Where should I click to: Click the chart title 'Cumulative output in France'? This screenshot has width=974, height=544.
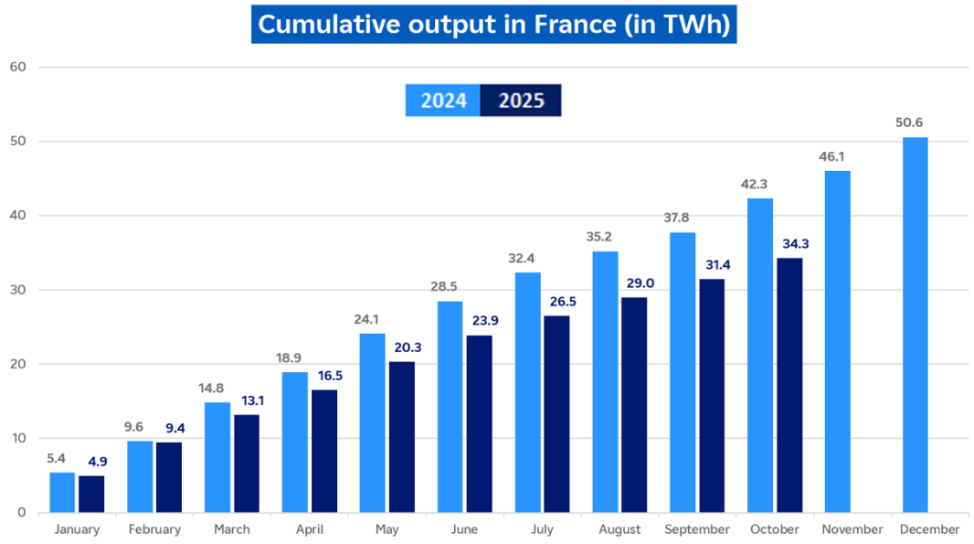(x=493, y=25)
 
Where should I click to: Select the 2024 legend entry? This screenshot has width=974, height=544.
(x=443, y=101)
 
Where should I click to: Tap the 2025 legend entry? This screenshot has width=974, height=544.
(x=521, y=101)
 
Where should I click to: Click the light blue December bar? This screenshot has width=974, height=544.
(x=915, y=325)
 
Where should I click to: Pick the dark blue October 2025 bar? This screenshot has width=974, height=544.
(x=789, y=385)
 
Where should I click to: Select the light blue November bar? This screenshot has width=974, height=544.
(x=837, y=341)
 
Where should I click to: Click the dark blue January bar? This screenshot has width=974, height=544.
(x=91, y=494)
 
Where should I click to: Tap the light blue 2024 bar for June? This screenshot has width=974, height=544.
(x=450, y=406)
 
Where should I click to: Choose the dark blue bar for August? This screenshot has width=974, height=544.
(x=634, y=404)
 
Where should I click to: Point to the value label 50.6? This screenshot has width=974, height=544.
(x=915, y=123)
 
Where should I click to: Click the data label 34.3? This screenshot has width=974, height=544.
(x=789, y=243)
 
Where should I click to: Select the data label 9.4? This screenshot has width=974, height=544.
(x=169, y=427)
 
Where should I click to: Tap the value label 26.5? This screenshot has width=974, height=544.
(x=556, y=302)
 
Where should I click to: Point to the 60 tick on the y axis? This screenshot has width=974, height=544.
(x=17, y=67)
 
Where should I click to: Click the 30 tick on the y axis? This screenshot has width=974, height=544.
(x=17, y=290)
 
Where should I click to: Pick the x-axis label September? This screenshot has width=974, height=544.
(x=697, y=529)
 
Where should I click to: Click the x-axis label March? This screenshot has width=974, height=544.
(x=232, y=529)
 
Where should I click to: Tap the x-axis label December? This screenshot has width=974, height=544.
(x=929, y=529)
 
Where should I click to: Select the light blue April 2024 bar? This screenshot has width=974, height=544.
(x=294, y=442)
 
